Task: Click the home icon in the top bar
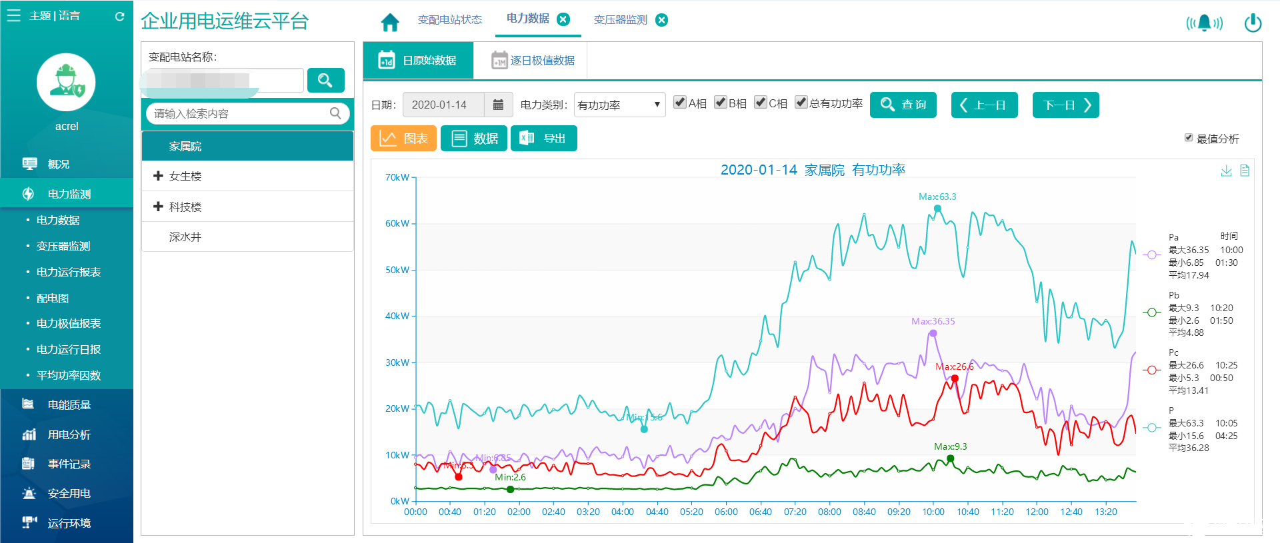[390, 23]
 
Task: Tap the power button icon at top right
[1253, 23]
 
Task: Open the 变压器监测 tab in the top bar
[620, 20]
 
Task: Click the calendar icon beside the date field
[498, 105]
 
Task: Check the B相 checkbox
[720, 103]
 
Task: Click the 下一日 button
[1065, 105]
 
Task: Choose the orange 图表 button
[403, 139]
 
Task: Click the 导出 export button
[543, 139]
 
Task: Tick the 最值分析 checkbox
[1188, 138]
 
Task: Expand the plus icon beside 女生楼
[158, 176]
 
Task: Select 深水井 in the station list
[185, 237]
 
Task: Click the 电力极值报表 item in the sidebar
[69, 324]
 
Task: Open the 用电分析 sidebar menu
[69, 435]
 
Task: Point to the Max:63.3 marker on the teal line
[937, 209]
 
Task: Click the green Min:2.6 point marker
[511, 490]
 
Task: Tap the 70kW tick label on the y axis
[397, 177]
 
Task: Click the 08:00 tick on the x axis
[829, 512]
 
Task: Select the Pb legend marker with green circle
[1151, 312]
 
